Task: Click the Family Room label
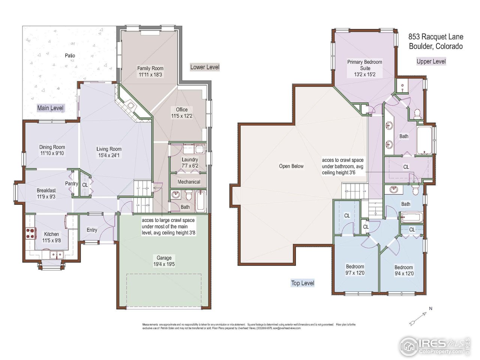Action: coord(150,68)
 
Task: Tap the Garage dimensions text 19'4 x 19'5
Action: coord(164,264)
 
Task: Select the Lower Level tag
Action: coord(204,67)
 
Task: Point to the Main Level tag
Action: coord(51,108)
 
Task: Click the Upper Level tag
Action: coord(431,61)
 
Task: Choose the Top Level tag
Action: coord(303,283)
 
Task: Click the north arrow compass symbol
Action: coord(419,317)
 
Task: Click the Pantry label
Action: coord(71,183)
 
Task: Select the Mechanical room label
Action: coord(189,182)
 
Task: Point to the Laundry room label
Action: coord(190,160)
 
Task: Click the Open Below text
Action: coord(291,166)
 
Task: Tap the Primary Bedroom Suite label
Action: coord(364,65)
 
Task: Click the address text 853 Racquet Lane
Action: coord(436,37)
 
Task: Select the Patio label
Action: coord(70,55)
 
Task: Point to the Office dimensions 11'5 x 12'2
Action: coord(182,116)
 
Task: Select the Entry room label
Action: coord(92,230)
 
